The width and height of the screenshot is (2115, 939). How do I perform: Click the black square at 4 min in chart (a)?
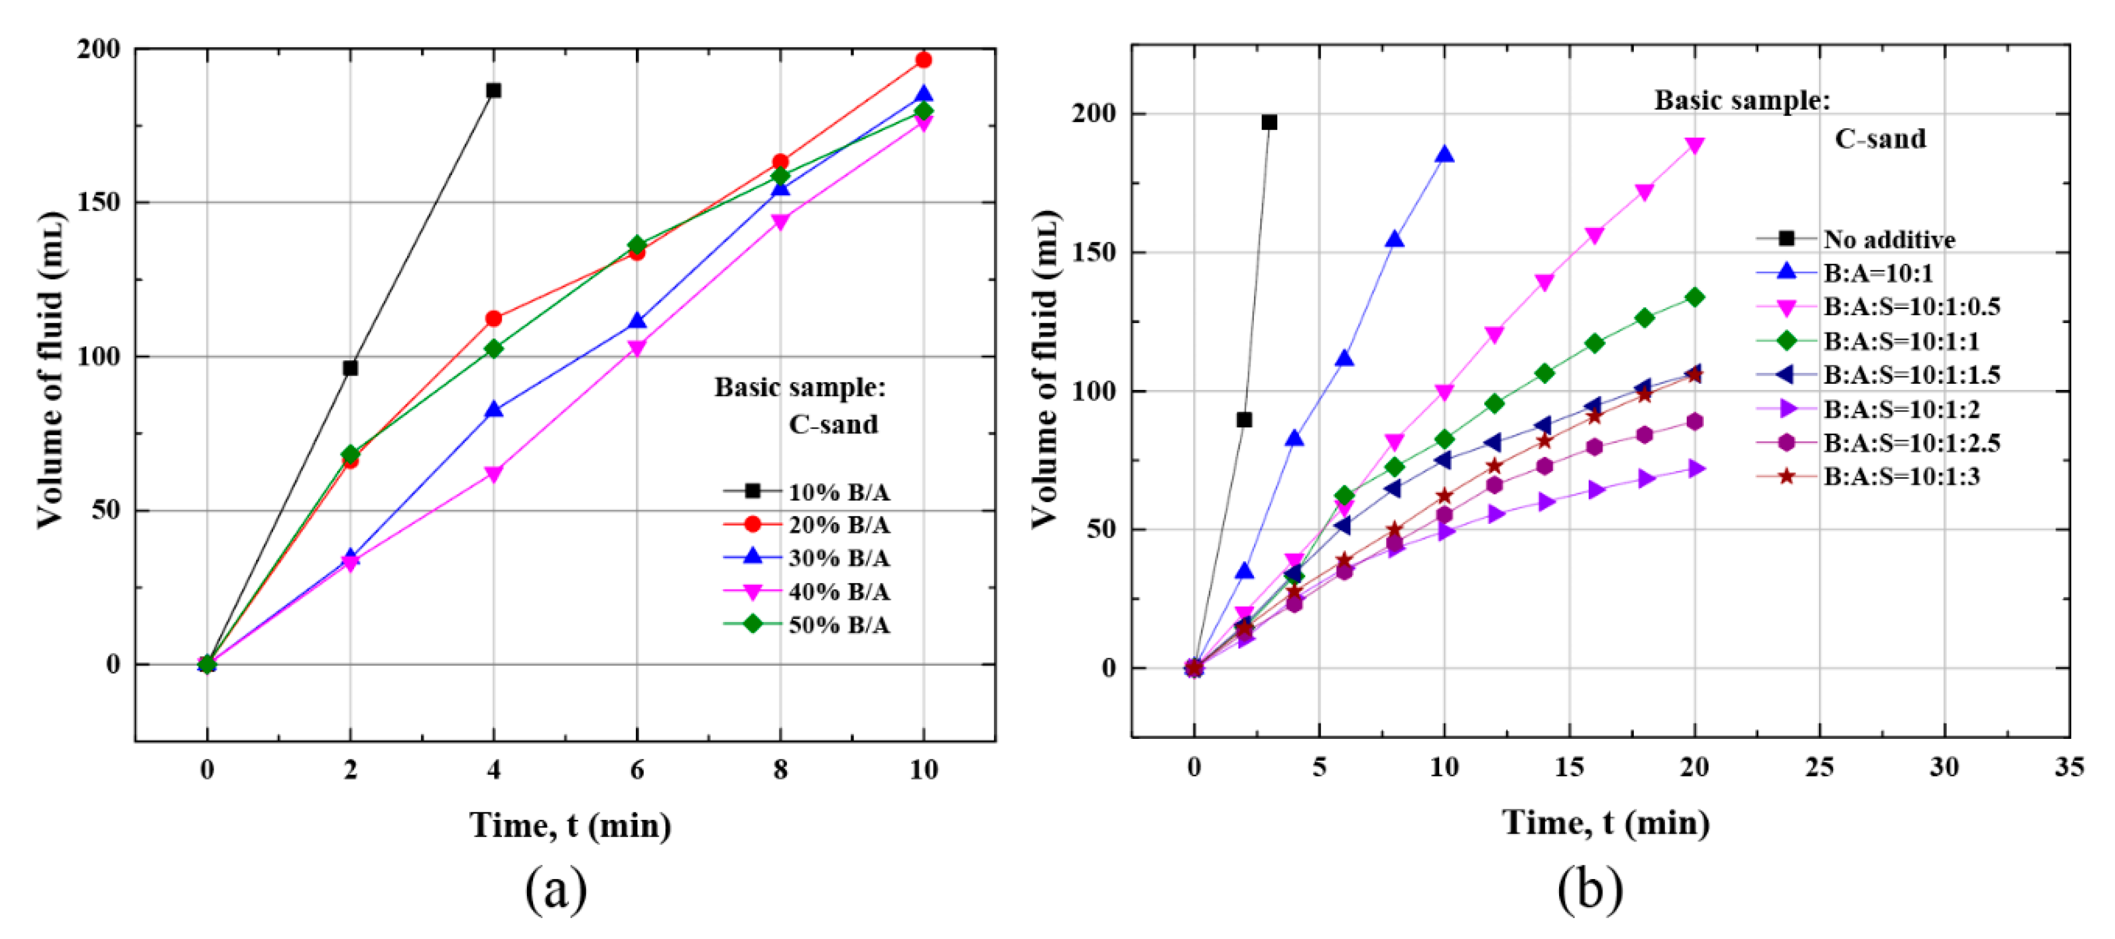tap(493, 90)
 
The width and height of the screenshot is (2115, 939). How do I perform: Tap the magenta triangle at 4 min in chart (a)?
tap(493, 474)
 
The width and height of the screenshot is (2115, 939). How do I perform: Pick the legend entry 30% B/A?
tap(838, 558)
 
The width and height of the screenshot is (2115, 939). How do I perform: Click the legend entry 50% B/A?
tap(838, 625)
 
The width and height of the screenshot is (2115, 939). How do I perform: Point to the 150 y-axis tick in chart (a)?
tap(99, 203)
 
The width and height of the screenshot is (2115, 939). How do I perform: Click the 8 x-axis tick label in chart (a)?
tap(780, 770)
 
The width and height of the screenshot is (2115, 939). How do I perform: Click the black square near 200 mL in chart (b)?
tap(1269, 123)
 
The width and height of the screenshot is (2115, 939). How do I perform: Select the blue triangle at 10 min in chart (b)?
tap(1444, 155)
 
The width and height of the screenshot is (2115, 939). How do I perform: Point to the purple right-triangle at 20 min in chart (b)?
tap(1695, 469)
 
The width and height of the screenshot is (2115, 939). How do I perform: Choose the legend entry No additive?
tap(1889, 239)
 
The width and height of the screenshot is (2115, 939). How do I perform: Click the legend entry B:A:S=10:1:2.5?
tap(1911, 443)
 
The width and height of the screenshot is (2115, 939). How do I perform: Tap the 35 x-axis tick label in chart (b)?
tap(2068, 767)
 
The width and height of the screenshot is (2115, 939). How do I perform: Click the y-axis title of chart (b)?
tap(1044, 369)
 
